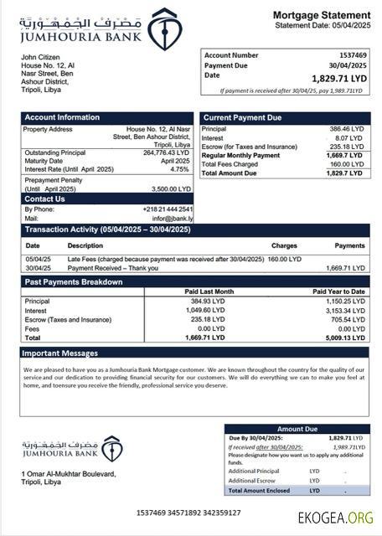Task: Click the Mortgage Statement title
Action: point(321,15)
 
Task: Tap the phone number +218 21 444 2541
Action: point(167,209)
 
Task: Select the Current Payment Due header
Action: point(242,117)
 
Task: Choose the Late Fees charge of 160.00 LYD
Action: point(283,259)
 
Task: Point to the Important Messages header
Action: point(61,353)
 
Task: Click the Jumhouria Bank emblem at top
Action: point(163,28)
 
